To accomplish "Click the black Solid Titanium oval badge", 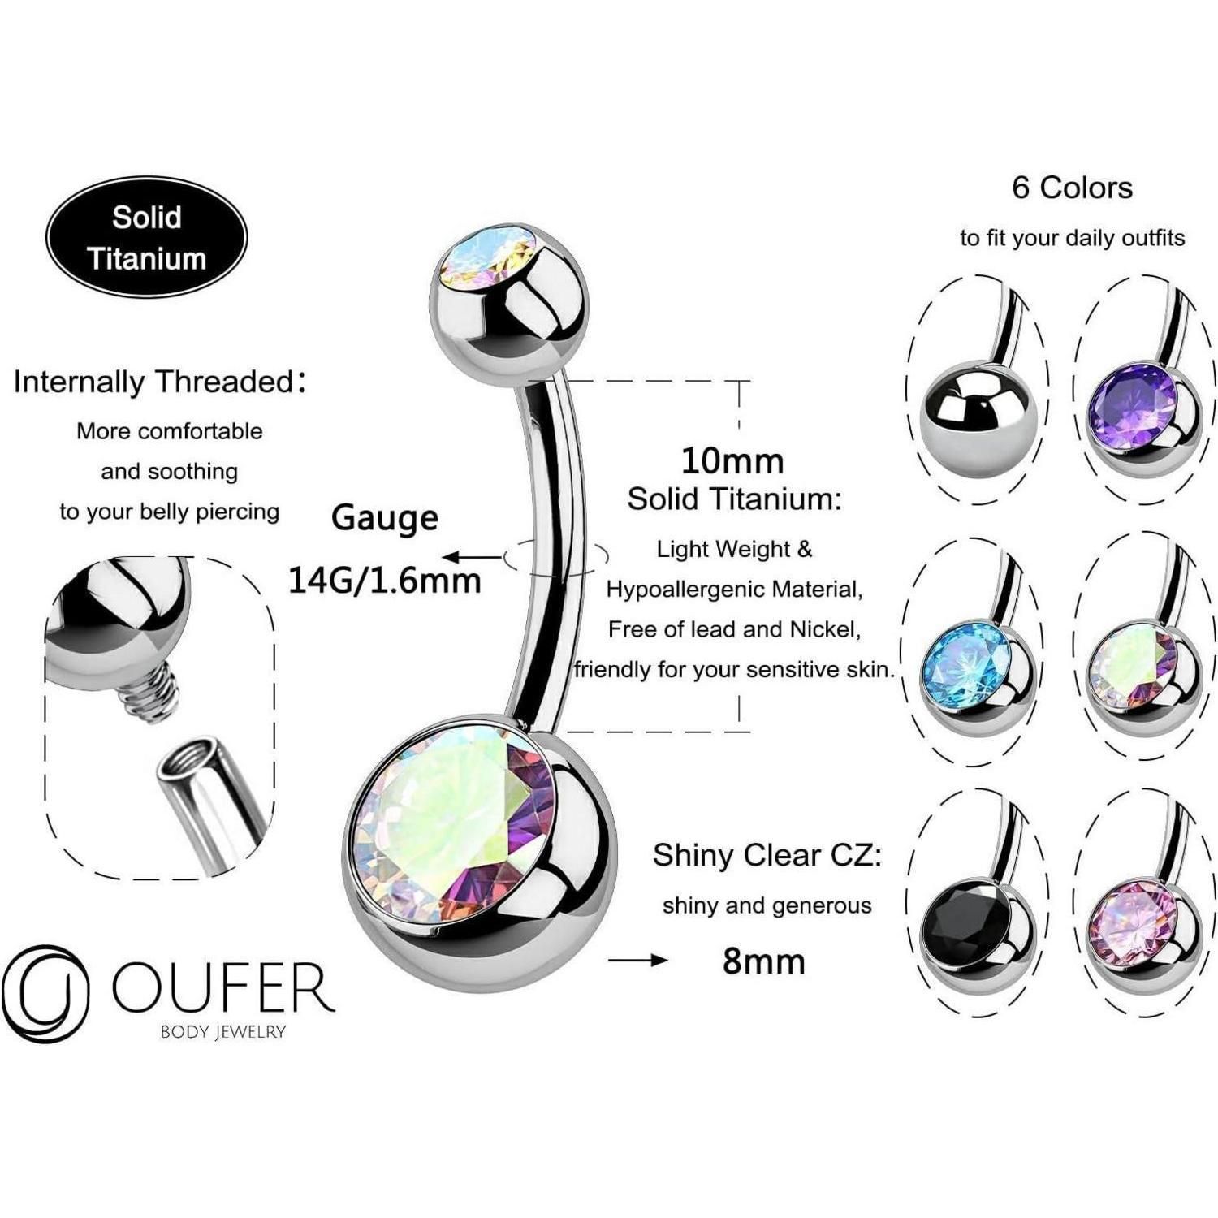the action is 146,237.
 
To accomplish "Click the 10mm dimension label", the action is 732,460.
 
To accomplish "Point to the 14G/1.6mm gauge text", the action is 385,580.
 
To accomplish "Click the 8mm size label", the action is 764,961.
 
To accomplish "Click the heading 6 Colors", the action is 1072,188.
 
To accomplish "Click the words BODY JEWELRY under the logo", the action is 223,1032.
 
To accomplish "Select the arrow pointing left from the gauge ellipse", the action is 471,557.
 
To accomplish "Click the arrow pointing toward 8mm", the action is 637,961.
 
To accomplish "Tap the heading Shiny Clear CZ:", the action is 767,855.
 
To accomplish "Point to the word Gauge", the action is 385,517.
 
